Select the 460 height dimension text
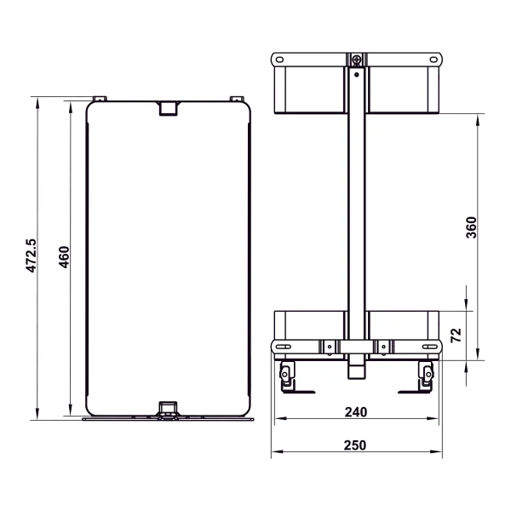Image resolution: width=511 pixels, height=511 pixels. click(x=64, y=255)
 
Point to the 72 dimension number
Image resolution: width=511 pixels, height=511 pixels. click(x=455, y=334)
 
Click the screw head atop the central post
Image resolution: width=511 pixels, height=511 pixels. click(x=358, y=60)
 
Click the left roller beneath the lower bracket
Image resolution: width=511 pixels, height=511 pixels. click(x=288, y=372)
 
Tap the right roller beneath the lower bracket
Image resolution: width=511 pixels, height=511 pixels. click(x=426, y=372)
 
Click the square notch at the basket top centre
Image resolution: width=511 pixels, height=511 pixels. click(x=169, y=108)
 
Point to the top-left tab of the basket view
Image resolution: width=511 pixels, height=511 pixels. click(x=99, y=98)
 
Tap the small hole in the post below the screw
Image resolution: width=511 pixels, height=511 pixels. click(x=358, y=72)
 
